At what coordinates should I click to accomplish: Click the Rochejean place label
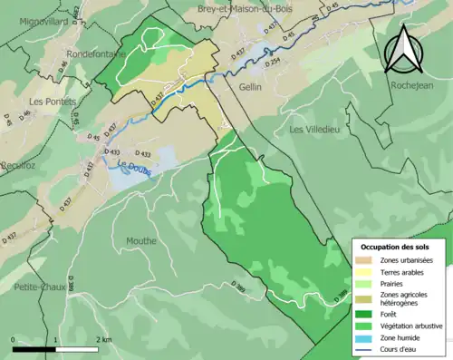point(412,84)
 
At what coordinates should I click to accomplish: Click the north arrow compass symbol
point(400,48)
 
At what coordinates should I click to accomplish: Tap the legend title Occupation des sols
point(395,247)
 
